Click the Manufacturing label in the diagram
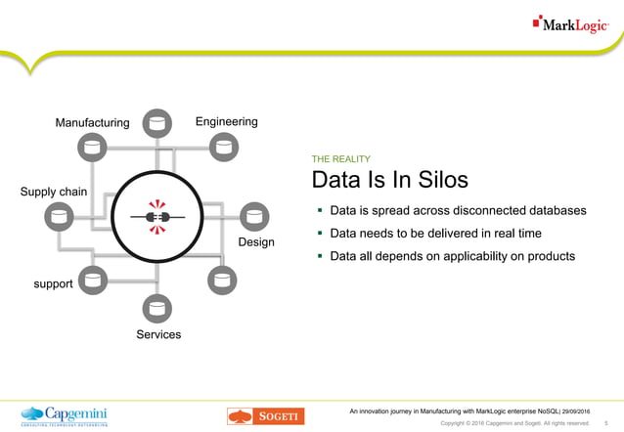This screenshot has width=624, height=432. (92, 123)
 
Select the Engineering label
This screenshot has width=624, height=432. (226, 122)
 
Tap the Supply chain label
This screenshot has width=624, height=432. (53, 192)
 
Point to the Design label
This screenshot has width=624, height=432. (256, 241)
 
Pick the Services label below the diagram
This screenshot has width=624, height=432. (158, 335)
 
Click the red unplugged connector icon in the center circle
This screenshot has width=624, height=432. (156, 216)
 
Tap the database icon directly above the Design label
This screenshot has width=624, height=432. (254, 216)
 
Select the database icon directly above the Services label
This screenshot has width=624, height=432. (156, 310)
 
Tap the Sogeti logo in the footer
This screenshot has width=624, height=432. (266, 415)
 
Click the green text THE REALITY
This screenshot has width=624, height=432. (340, 158)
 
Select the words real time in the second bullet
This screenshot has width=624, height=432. (512, 234)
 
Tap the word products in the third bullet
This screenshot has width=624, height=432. (548, 256)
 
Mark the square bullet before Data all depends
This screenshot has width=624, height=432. (319, 256)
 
